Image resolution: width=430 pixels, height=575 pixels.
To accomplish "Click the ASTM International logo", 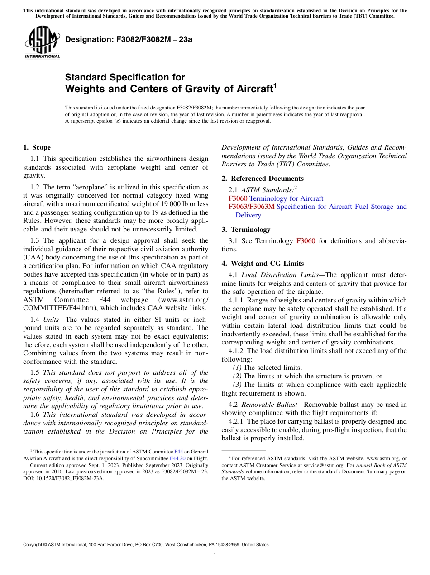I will pyautogui.click(x=42, y=43).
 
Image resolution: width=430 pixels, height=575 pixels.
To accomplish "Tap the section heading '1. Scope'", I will pyautogui.click(x=37, y=147).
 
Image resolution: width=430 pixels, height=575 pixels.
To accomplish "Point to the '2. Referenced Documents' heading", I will pyautogui.click(x=263, y=179).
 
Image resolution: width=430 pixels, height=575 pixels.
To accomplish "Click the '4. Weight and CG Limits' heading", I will pyautogui.click(x=263, y=264).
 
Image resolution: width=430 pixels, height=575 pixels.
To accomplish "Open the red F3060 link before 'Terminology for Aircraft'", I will pyautogui.click(x=238, y=198).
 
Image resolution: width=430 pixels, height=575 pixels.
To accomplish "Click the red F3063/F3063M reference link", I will pyautogui.click(x=251, y=207).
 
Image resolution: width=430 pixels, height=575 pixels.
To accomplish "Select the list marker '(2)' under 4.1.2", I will pyautogui.click(x=237, y=376).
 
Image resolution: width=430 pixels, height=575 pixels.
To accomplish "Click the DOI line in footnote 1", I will pyautogui.click(x=63, y=478).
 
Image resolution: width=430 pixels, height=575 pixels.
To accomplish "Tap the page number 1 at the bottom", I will pyautogui.click(x=215, y=556).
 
